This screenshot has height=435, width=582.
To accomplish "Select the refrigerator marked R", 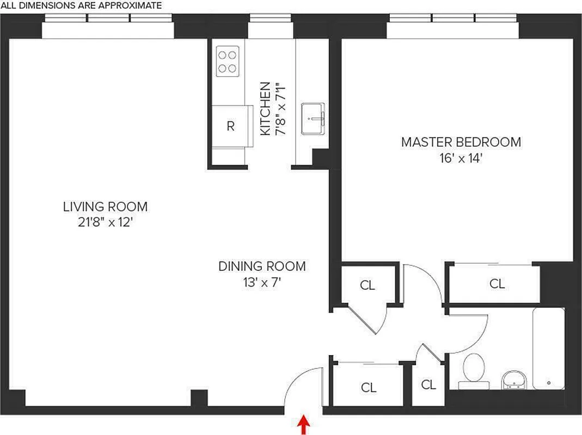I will [x=231, y=126].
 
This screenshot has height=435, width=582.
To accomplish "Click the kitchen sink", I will [x=314, y=118].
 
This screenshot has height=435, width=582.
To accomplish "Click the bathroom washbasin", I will [x=513, y=380].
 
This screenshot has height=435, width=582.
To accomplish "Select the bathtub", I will [x=548, y=348].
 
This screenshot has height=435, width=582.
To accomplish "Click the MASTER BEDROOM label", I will [x=461, y=142].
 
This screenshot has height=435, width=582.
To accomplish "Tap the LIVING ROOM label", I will [x=105, y=207].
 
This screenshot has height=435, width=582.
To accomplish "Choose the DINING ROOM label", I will [x=262, y=266].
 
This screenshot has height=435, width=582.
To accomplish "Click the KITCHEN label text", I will [x=265, y=109].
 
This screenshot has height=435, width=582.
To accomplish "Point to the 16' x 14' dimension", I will [x=461, y=159].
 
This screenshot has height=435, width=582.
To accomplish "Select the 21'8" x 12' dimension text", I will [x=105, y=223].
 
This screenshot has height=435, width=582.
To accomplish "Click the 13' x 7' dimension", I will [x=262, y=283].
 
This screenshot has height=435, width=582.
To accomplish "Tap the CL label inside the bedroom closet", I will [x=497, y=283].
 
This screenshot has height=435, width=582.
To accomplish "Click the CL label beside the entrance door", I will [x=369, y=388].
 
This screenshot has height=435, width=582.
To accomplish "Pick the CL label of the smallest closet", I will [x=428, y=385].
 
